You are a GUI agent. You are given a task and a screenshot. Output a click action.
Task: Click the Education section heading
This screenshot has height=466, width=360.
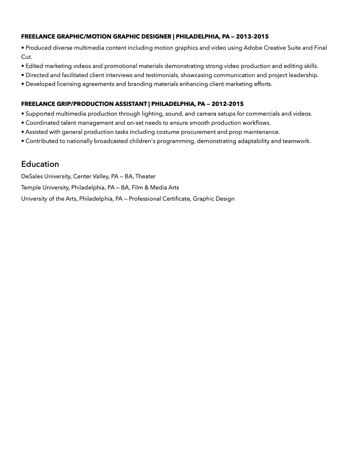(x=40, y=164)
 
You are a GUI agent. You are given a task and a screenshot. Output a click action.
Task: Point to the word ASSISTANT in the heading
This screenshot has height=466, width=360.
(x=131, y=104)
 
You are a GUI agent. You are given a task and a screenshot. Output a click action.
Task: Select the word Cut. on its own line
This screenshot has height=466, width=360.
(x=26, y=57)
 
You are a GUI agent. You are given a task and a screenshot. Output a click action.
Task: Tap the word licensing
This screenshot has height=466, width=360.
(x=69, y=84)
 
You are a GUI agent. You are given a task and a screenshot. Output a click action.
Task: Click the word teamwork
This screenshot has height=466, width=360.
(x=296, y=141)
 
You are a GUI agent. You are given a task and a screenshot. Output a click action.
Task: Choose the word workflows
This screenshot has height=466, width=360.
(x=256, y=123)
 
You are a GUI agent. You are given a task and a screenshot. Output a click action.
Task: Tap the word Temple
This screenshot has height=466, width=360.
(x=31, y=188)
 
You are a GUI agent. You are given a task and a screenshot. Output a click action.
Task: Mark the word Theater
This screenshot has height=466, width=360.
(x=145, y=176)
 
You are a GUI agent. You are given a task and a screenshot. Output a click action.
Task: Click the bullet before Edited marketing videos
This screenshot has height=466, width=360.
(x=23, y=66)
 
